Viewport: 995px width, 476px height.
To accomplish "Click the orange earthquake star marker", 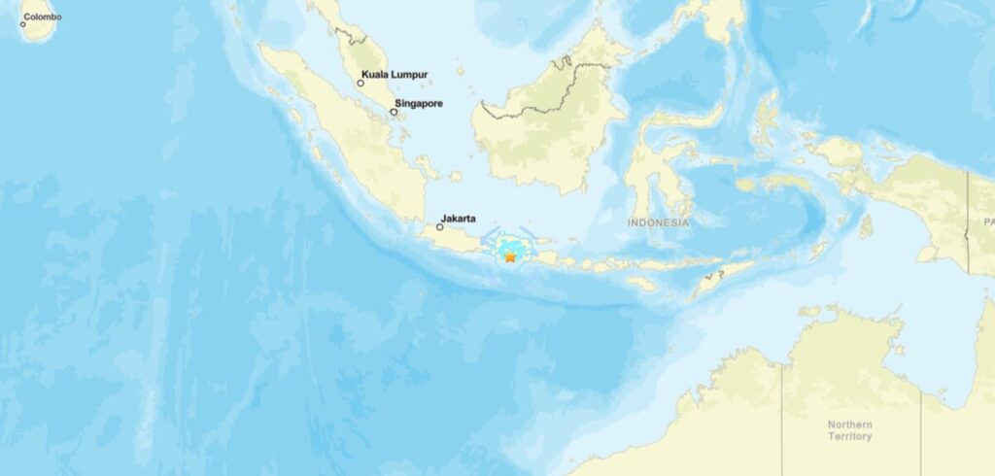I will click(x=509, y=256).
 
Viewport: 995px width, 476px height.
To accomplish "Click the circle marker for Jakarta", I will click(x=439, y=227).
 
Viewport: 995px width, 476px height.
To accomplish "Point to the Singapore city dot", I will click(x=394, y=112).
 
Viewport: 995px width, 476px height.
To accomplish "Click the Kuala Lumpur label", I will click(x=395, y=74).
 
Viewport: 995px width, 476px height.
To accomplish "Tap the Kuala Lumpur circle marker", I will click(x=360, y=84).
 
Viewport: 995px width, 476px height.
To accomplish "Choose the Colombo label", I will click(x=42, y=17).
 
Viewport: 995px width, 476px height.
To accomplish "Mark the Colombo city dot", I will click(x=22, y=23).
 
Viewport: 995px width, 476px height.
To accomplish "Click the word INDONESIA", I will click(x=658, y=222).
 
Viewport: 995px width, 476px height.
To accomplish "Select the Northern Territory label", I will click(x=850, y=430).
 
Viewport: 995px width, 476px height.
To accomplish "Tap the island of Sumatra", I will click(x=340, y=136).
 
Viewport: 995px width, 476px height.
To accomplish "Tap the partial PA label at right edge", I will click(x=988, y=222).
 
